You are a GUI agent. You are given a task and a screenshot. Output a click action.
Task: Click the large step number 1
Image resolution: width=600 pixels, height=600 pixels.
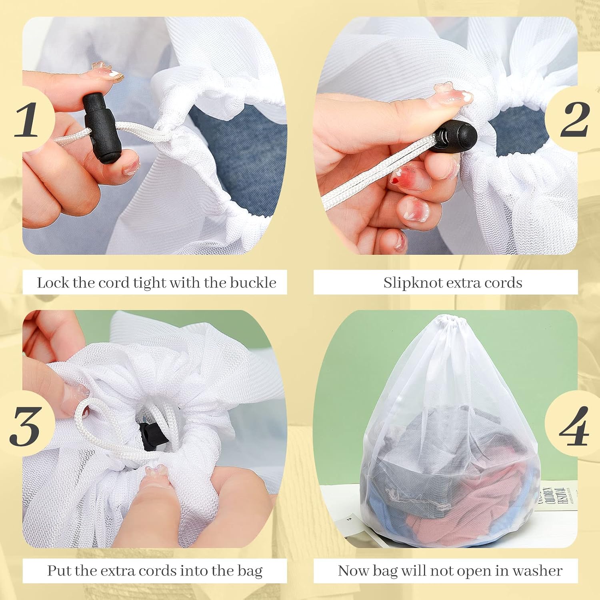26,120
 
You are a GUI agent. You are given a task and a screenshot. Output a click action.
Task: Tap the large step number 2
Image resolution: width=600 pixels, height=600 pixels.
575,119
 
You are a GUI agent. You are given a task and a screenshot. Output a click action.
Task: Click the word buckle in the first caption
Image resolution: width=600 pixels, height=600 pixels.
253,283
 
